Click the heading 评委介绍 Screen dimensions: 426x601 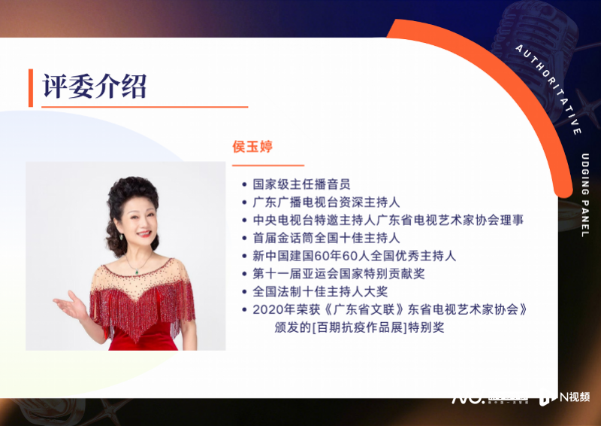click(x=94, y=86)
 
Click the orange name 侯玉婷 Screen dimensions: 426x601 click(x=252, y=147)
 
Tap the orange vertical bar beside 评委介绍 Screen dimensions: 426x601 click(x=31, y=87)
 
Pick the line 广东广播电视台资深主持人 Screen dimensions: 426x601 click(x=326, y=202)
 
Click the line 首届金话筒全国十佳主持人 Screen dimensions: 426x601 click(x=326, y=238)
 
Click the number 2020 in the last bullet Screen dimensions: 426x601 click(x=267, y=309)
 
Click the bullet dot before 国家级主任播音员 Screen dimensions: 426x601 click(x=244, y=184)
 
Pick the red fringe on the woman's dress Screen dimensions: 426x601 click(x=139, y=309)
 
